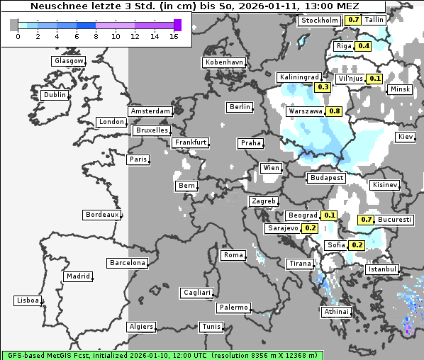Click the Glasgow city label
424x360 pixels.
(68, 61)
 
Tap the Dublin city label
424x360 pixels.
(54, 95)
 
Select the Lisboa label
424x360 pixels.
(27, 300)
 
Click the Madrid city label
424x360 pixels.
(77, 276)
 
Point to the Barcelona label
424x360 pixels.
(127, 263)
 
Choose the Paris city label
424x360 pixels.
(138, 159)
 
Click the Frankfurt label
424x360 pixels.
(190, 142)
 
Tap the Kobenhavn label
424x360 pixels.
(223, 62)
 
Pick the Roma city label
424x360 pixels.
(233, 255)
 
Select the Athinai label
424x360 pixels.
(336, 312)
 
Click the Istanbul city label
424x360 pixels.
(382, 270)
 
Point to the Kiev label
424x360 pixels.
(406, 137)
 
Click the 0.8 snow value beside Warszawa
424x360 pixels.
(335, 111)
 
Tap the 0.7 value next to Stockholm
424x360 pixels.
(352, 20)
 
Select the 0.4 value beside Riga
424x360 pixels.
(364, 46)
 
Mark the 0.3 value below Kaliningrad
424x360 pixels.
(323, 87)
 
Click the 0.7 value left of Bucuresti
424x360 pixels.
(367, 220)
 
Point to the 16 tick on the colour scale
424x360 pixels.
(174, 36)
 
